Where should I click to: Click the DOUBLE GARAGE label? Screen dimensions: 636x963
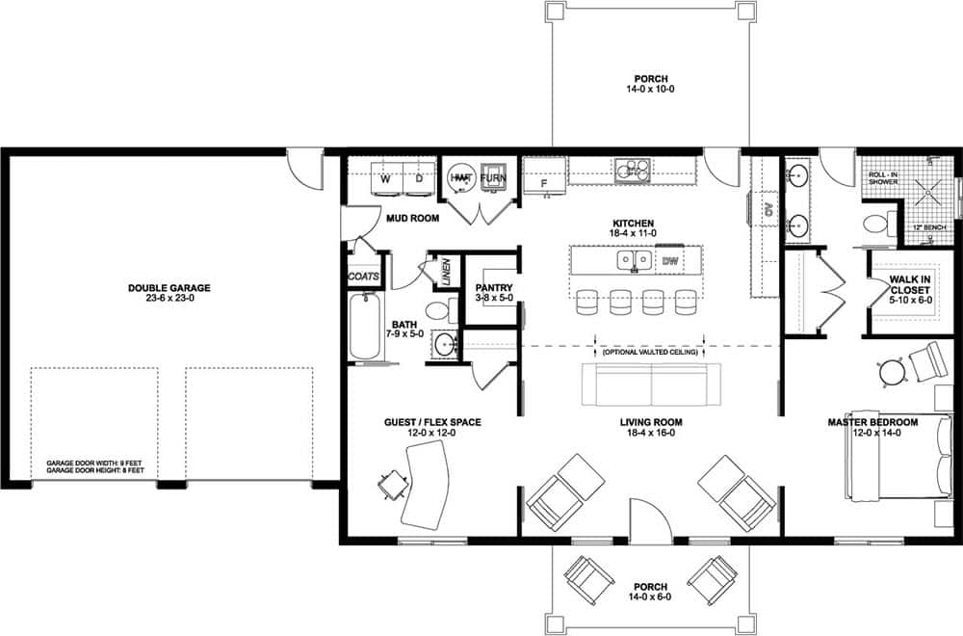169,287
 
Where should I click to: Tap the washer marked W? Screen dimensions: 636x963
385,178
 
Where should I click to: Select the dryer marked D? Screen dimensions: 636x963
419,178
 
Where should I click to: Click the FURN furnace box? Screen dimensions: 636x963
493,178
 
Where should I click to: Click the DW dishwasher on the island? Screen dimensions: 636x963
669,260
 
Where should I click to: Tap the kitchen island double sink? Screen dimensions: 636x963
633,260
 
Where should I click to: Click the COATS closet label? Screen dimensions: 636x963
364,277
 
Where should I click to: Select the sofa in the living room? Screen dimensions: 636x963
652,385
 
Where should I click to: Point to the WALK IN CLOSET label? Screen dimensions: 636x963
909,285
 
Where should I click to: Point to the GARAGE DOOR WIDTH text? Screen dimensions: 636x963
95,464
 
